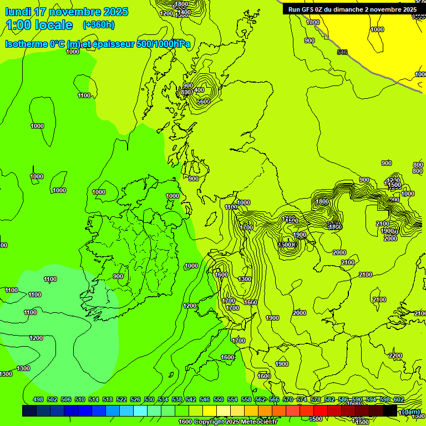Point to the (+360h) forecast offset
coord(99,24)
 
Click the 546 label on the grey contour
coord(342,52)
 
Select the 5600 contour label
coord(203,101)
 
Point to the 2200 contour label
coord(395,356)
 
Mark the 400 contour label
coord(199,90)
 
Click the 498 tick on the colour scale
coord(38,399)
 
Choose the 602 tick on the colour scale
coord(399,399)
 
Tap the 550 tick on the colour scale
coord(219,399)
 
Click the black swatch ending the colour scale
coord(390,410)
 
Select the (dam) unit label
coord(410,412)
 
